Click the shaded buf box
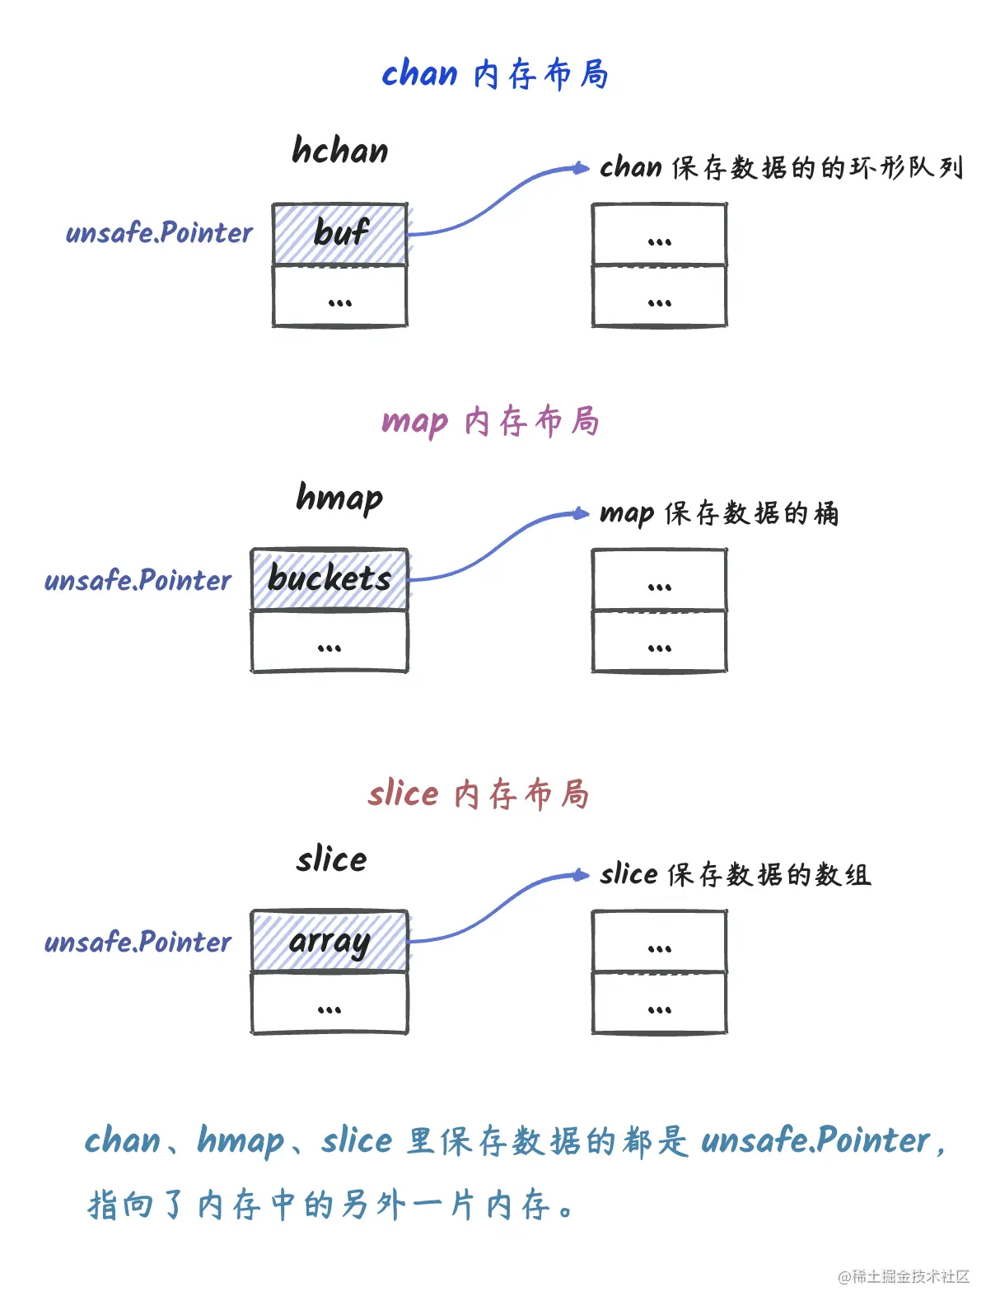(340, 234)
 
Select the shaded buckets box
(329, 579)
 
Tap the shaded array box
(329, 941)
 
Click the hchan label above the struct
(340, 151)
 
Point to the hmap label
(339, 498)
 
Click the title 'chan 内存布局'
(495, 74)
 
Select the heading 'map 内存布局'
(490, 421)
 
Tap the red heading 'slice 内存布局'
(478, 794)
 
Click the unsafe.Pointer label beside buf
(159, 233)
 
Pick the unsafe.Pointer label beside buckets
(138, 581)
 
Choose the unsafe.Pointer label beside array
(138, 942)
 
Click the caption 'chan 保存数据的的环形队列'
(781, 167)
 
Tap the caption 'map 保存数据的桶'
(719, 513)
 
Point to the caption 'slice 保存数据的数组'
(735, 874)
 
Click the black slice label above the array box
(332, 859)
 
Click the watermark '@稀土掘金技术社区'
(904, 1276)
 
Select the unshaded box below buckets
(329, 642)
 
